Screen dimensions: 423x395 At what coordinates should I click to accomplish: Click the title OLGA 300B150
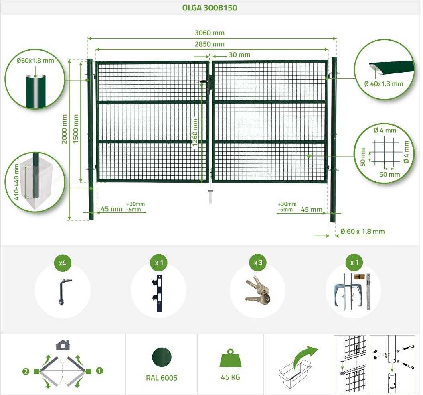click(x=210, y=8)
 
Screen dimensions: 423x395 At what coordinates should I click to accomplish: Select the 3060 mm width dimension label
click(x=210, y=33)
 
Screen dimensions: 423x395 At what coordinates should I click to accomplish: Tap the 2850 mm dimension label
click(x=210, y=44)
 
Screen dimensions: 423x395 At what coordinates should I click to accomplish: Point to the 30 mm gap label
click(x=239, y=55)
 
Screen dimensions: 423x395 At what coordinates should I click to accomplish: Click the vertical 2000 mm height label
click(x=64, y=129)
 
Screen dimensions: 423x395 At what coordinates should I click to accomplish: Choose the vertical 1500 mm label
click(x=76, y=129)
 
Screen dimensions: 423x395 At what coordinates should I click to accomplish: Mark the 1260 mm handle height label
click(x=195, y=132)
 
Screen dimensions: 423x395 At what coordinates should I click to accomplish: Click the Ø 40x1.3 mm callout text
click(x=384, y=84)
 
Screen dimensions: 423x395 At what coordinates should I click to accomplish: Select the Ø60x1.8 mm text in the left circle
click(x=35, y=61)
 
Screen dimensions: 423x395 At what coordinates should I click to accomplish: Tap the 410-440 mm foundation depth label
click(x=16, y=182)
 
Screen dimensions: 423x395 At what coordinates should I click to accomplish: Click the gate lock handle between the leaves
click(x=205, y=81)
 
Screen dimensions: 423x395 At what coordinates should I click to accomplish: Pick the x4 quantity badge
click(x=62, y=263)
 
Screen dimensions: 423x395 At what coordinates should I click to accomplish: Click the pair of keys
click(x=258, y=291)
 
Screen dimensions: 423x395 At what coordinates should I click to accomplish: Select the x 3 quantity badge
click(x=258, y=263)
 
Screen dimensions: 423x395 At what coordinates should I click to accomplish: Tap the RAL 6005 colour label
click(x=162, y=378)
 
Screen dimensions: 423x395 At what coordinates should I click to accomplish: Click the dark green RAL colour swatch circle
click(x=162, y=357)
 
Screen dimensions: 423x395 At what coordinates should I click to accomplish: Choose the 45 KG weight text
click(x=231, y=377)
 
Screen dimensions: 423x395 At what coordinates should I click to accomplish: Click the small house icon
click(x=63, y=345)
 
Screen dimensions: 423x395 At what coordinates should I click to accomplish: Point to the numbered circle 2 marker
click(x=26, y=371)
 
